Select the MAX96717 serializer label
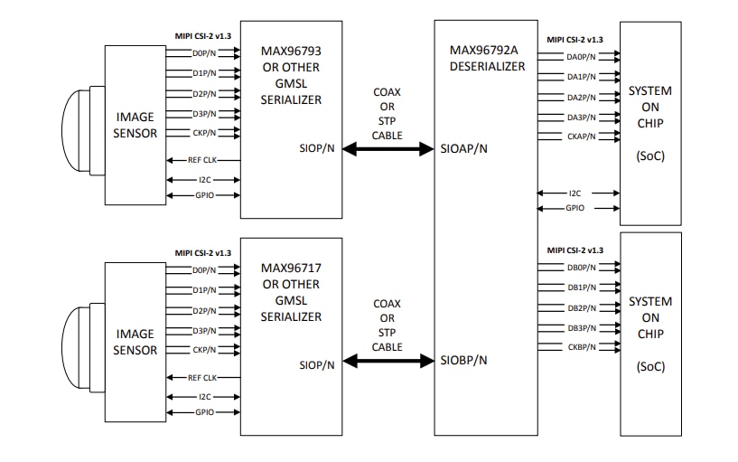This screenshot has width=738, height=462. click(x=290, y=269)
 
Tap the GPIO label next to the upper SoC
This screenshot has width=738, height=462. click(x=575, y=208)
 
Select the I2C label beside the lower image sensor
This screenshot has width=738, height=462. click(x=204, y=396)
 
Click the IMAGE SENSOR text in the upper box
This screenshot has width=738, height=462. click(x=135, y=125)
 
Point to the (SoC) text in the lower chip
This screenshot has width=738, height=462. click(x=650, y=366)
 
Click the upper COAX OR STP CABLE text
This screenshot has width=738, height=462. click(x=388, y=113)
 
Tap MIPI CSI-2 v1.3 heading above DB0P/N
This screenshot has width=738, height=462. click(x=575, y=250)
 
